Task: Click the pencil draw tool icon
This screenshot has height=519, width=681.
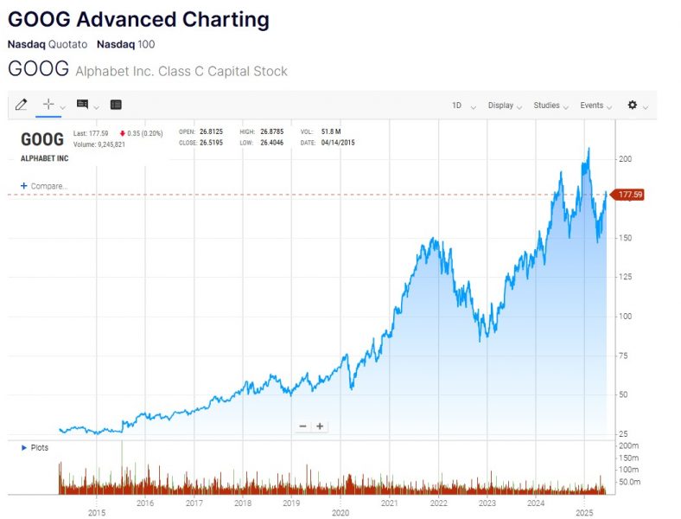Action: pos(21,105)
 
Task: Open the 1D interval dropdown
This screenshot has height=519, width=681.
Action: pos(457,106)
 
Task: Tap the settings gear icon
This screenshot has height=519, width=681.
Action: pos(633,105)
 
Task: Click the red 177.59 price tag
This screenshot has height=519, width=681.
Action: pos(629,195)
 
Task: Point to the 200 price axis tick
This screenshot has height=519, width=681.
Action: pos(624,159)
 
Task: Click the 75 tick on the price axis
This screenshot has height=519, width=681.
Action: pos(622,356)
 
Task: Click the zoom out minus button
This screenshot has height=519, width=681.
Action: pos(303,426)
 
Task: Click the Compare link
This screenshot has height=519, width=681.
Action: pos(48,186)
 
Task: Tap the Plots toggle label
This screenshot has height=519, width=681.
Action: pos(39,447)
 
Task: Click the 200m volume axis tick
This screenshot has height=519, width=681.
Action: pos(628,445)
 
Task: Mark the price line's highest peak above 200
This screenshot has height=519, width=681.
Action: pos(589,149)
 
